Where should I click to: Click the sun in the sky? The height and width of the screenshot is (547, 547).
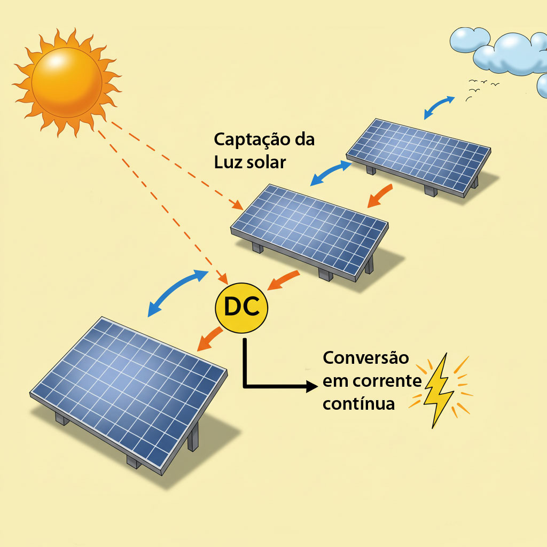point(67,83)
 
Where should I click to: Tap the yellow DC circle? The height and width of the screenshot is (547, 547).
point(241,308)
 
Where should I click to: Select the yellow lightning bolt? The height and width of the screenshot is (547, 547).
point(439,390)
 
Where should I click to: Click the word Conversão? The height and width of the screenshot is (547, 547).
point(365,358)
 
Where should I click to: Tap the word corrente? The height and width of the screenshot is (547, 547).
point(387,381)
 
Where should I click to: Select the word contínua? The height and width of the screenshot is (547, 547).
point(358,404)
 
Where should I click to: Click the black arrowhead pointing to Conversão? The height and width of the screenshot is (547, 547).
point(312,386)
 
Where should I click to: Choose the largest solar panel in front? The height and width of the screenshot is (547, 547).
point(129,394)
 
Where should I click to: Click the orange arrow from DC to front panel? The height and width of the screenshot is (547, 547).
point(209,339)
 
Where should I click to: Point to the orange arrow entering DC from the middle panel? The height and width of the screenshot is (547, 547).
point(283,280)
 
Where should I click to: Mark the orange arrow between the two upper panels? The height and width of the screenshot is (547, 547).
point(380,196)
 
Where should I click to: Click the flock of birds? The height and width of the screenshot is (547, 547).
point(481,89)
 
